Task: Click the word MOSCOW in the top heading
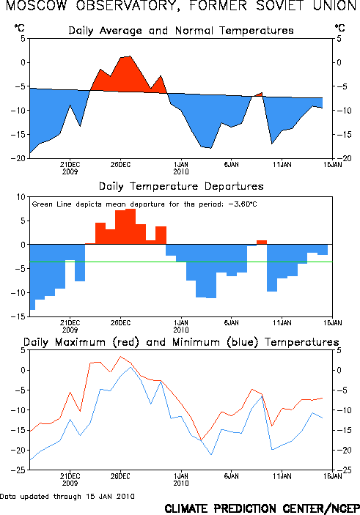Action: pos(36,6)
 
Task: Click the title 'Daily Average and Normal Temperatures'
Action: pos(181,31)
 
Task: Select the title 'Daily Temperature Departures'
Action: pos(181,186)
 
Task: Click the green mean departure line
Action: pos(181,262)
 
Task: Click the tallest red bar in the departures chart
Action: pos(131,226)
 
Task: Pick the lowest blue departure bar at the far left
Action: pos(32,277)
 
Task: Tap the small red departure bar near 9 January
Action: pos(262,242)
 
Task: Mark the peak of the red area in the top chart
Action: pos(131,56)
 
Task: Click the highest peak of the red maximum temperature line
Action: pos(121,356)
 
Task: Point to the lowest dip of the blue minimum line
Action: pos(211,455)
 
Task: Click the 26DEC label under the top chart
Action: pos(120,164)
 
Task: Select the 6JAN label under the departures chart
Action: pos(232,323)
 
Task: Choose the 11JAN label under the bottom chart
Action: pos(282,476)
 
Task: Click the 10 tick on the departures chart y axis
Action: pos(21,197)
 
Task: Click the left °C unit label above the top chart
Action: pos(19,28)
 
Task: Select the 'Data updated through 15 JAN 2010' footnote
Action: pos(67,496)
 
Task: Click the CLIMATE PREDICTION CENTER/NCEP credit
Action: pos(262,508)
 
